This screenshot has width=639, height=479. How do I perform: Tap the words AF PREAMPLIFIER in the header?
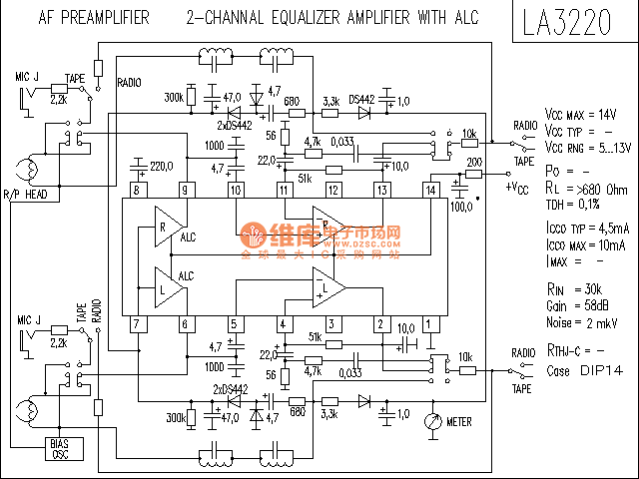[x=94, y=18]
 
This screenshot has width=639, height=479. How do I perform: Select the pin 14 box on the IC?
[x=430, y=190]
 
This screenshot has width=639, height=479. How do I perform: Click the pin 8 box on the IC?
[x=136, y=190]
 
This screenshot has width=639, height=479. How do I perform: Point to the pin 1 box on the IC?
[x=430, y=323]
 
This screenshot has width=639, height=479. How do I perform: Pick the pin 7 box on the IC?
[x=136, y=323]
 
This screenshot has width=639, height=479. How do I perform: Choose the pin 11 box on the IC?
[x=283, y=190]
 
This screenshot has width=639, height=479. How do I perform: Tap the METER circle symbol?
[x=432, y=421]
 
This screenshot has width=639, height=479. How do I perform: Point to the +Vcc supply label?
[x=517, y=187]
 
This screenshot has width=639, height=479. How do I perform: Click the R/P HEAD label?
[x=25, y=194]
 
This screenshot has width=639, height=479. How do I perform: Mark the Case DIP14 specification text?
[x=579, y=371]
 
